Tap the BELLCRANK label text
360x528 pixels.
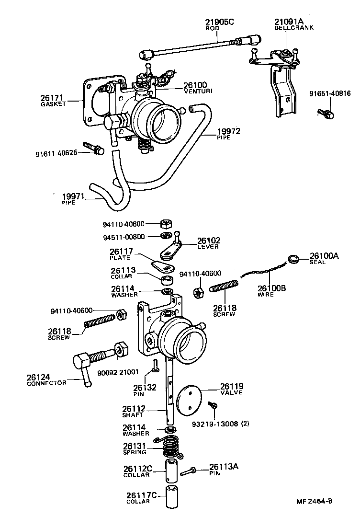(294, 28)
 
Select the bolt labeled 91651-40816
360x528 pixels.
(326, 114)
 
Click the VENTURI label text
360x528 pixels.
(198, 91)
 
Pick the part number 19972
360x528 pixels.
(229, 131)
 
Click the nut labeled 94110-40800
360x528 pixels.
(165, 223)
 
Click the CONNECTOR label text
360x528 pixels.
(46, 384)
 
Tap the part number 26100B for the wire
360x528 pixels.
(272, 288)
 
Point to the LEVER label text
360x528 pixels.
(208, 247)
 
